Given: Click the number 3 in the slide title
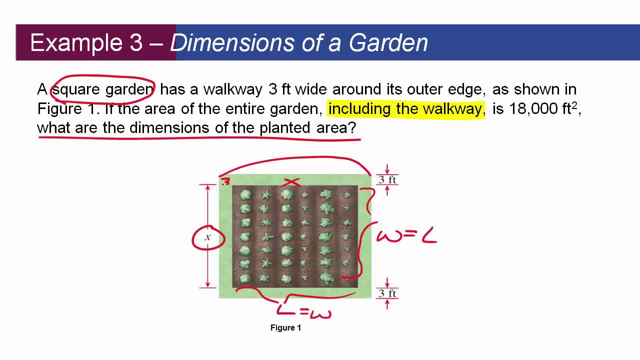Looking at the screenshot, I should (x=136, y=43).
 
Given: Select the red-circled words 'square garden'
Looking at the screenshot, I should (x=103, y=89).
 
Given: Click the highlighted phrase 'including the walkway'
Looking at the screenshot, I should (x=405, y=108).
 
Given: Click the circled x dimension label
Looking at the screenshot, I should (x=208, y=237).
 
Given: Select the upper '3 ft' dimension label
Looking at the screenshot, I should (x=387, y=180).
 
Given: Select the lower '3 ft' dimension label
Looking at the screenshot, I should (x=387, y=293).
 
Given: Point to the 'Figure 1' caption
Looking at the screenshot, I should (x=285, y=328).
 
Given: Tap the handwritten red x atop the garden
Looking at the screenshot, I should (x=290, y=183).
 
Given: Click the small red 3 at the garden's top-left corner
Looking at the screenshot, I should (x=225, y=182).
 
